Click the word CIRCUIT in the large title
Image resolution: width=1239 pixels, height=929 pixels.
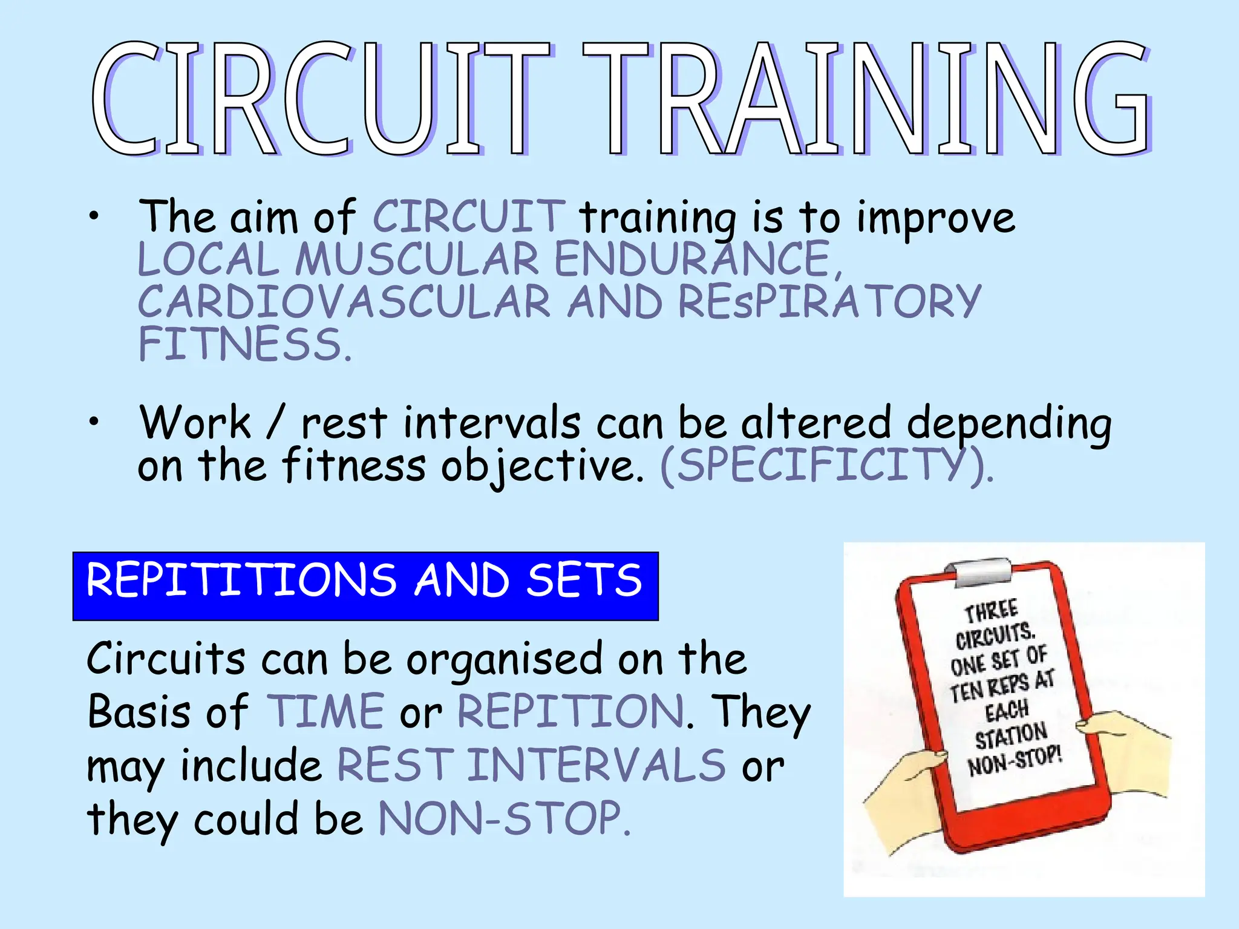coord(321,99)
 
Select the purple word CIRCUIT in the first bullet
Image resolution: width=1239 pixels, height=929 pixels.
coord(469,216)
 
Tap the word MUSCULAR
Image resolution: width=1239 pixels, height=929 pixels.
coord(417,259)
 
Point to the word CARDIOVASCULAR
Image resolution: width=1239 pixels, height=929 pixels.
coord(344,302)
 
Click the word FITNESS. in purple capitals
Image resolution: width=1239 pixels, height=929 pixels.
coord(244,344)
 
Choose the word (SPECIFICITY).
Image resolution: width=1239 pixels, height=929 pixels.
coord(825,465)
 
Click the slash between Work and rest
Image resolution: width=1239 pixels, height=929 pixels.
coord(275,423)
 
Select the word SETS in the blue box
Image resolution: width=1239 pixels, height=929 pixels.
coord(584,580)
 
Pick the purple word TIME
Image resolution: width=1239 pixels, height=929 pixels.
coord(325,711)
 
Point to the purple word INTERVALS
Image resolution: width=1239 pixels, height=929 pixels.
coord(596,765)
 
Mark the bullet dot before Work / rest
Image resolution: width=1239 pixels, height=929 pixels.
coord(93,423)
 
